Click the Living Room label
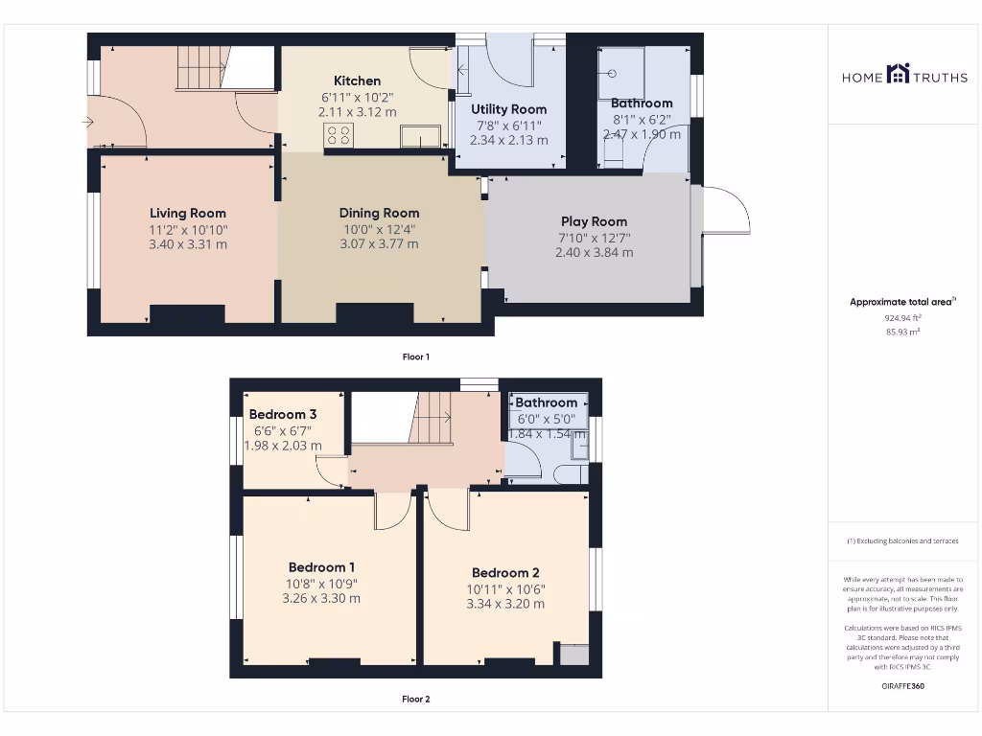click(x=188, y=214)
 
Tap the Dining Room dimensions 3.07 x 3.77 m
click(x=380, y=244)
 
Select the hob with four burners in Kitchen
click(x=339, y=135)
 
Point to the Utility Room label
click(x=508, y=109)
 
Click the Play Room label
click(x=594, y=221)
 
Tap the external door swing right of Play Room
click(x=726, y=212)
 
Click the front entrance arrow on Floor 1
click(x=88, y=122)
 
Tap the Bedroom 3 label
click(x=283, y=414)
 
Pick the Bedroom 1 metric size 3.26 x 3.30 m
click(x=321, y=599)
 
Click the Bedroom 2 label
click(x=505, y=573)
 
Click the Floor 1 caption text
click(x=415, y=356)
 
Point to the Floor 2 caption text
click(x=415, y=700)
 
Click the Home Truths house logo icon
click(x=899, y=74)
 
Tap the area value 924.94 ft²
click(x=901, y=317)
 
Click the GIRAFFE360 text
click(x=902, y=686)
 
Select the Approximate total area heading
click(x=902, y=302)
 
